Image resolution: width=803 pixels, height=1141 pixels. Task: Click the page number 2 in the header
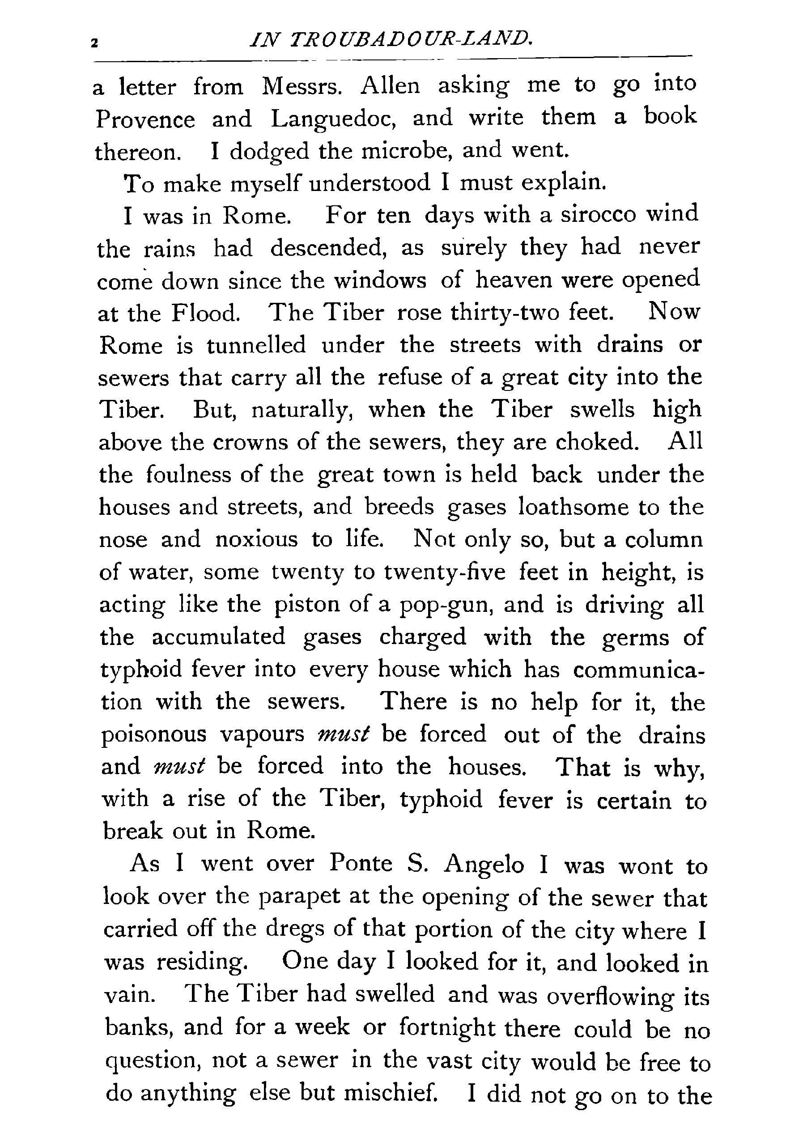coord(93,44)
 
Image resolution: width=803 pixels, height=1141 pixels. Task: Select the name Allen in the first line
coord(390,86)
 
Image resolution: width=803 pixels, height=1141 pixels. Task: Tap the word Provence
coord(145,120)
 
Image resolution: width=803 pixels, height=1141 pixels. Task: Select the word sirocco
coord(599,215)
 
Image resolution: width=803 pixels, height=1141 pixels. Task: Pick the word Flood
coord(206,313)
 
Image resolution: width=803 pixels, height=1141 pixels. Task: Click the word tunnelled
coord(256,345)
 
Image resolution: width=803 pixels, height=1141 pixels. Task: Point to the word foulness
coord(189,475)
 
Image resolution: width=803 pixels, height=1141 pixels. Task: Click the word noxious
coord(256,540)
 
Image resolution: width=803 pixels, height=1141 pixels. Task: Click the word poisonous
coord(154,735)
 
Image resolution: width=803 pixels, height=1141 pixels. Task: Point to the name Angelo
coord(484,865)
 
